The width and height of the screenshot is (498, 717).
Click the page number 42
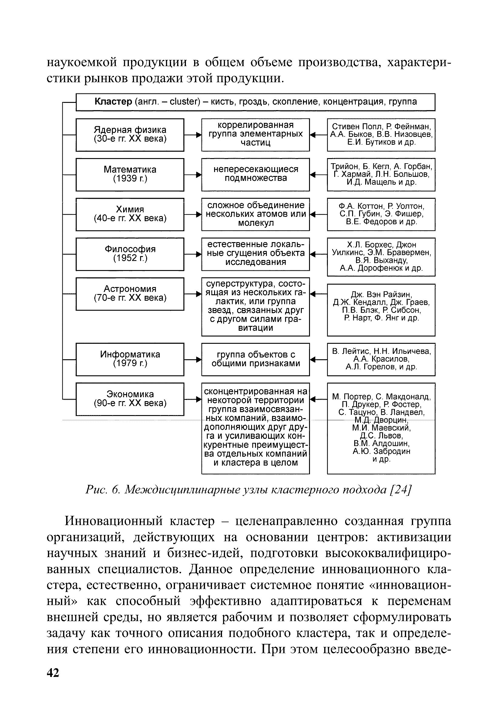click(53, 672)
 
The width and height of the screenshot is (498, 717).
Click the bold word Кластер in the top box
click(113, 102)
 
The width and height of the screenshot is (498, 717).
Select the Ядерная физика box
click(130, 134)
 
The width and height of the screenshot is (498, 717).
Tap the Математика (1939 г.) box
click(130, 174)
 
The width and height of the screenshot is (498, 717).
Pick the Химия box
click(130, 214)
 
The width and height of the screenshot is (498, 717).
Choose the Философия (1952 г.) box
click(130, 254)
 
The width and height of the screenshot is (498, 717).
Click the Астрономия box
click(130, 294)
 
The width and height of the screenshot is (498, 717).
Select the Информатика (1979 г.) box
click(130, 359)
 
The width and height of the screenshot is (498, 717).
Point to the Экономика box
click(130, 399)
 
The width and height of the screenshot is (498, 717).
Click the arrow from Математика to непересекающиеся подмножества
click(193, 175)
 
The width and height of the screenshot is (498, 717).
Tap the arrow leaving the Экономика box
click(193, 399)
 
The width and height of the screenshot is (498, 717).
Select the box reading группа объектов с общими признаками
click(256, 359)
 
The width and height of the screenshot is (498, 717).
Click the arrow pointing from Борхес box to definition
click(318, 254)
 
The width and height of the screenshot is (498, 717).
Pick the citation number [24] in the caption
click(402, 490)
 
